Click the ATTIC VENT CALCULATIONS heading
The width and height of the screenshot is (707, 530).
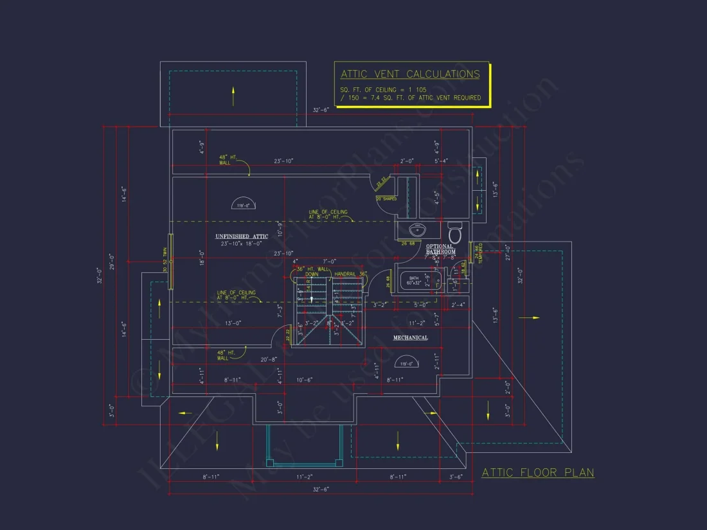[410, 74]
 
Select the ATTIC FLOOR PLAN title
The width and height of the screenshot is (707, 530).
[537, 473]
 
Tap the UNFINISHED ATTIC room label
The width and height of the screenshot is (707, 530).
[242, 236]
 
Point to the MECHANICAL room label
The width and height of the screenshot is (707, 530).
[410, 337]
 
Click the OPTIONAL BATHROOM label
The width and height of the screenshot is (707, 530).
[440, 249]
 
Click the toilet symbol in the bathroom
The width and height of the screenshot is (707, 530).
[455, 232]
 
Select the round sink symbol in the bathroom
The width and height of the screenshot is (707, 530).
[418, 229]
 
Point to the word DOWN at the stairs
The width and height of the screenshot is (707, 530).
[312, 274]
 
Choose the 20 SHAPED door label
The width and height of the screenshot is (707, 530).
[386, 199]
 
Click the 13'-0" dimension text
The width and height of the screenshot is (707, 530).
[232, 322]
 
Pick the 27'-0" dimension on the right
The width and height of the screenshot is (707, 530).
[508, 252]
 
